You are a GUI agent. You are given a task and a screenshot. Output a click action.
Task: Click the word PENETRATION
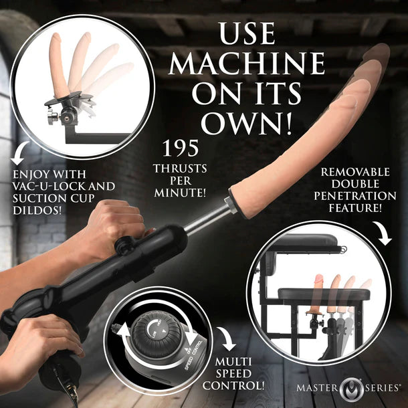(358, 195)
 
